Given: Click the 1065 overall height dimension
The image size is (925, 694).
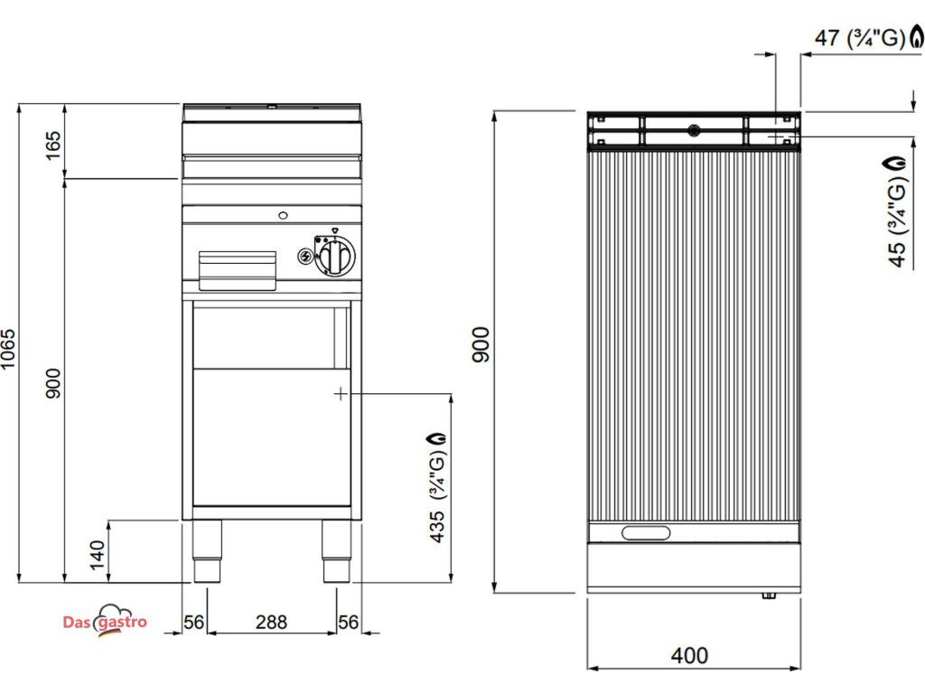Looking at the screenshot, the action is [x=8, y=350].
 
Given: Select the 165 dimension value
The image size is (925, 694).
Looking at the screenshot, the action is [x=53, y=145].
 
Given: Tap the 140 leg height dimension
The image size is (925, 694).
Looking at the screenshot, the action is [x=98, y=556].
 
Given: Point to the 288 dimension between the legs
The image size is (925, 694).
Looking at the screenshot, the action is [x=271, y=622].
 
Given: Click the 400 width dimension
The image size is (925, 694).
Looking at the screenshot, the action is [x=689, y=656].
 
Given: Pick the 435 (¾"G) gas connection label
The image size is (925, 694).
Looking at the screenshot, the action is [x=438, y=487].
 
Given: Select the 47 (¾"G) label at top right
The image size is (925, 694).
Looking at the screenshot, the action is [x=860, y=38].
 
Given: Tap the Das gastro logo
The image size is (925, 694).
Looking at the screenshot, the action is [x=105, y=621].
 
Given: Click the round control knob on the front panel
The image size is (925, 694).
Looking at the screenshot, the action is [x=334, y=256].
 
